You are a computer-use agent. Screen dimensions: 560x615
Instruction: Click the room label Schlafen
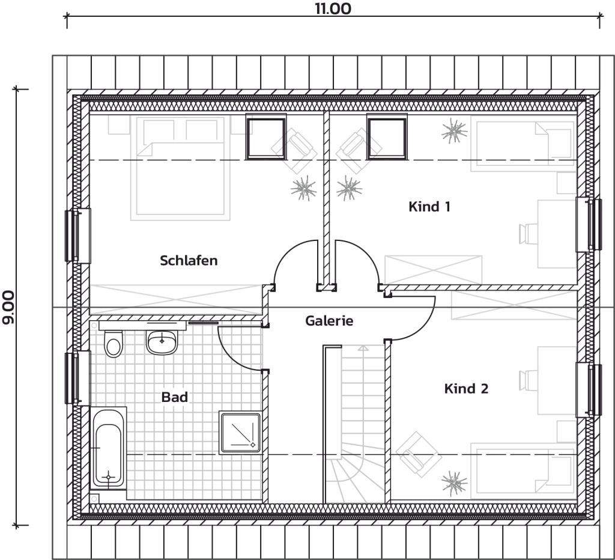tap(189, 261)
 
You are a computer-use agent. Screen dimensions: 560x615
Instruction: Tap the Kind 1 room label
tap(429, 207)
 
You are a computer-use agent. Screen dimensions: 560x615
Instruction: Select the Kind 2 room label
tap(466, 389)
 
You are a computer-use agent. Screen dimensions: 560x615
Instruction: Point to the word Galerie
tap(329, 321)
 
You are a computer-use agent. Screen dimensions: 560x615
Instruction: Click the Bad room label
tap(175, 397)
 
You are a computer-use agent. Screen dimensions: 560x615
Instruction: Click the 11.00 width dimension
tap(332, 9)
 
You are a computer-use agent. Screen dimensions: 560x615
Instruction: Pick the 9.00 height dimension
tap(9, 308)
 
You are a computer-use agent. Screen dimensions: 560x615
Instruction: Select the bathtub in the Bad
tap(109, 448)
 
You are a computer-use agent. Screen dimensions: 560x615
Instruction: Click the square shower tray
tap(240, 431)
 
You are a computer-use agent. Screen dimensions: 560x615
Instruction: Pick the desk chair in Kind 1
tap(529, 233)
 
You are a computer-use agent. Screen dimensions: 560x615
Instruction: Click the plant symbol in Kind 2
tap(454, 482)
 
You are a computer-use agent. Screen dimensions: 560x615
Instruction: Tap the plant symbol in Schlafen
tap(303, 189)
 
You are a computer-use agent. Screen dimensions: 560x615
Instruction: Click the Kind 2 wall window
tap(590, 390)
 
